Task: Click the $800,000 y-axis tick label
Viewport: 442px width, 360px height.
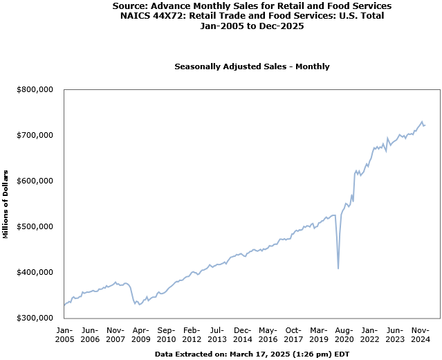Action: point(35,89)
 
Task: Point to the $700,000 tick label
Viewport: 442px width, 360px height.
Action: point(35,135)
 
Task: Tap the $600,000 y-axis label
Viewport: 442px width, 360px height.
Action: point(35,181)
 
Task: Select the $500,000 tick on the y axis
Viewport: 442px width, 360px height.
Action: point(35,226)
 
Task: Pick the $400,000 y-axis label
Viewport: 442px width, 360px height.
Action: point(35,272)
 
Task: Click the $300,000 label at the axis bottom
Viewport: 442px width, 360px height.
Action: point(35,318)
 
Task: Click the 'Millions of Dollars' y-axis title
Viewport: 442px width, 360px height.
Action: point(6,204)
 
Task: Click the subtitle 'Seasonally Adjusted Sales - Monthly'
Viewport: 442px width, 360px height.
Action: point(252,66)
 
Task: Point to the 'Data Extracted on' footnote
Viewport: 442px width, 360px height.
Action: point(252,354)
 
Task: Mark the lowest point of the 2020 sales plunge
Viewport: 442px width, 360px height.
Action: point(338,268)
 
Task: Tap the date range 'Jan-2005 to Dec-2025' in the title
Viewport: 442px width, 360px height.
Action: point(252,26)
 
